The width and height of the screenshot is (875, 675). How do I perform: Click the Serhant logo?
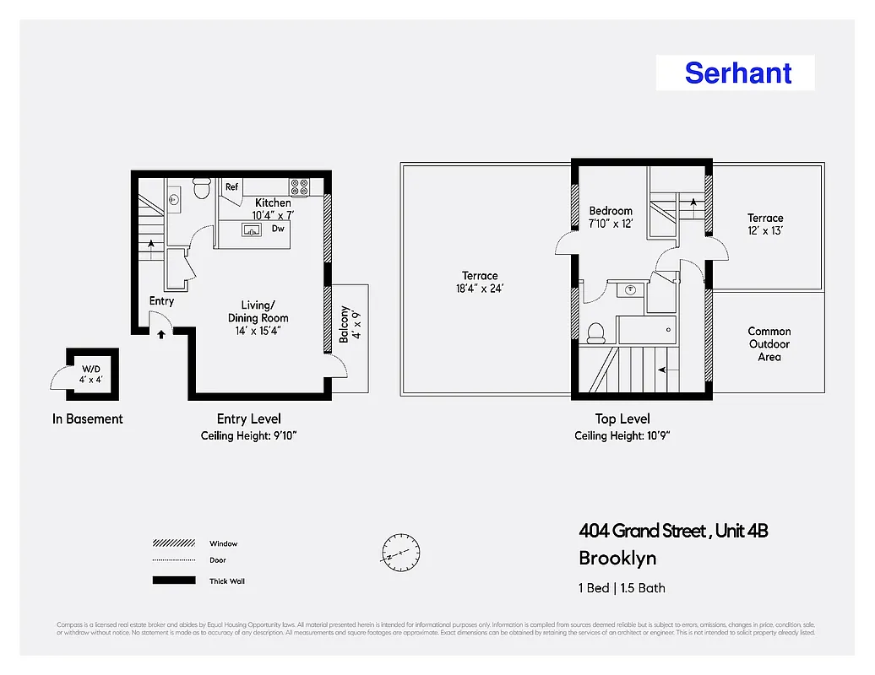(737, 73)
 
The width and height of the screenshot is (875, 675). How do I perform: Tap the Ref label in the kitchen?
(231, 187)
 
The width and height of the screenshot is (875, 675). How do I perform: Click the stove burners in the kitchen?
(300, 186)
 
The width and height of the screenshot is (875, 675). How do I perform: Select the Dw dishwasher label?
(278, 229)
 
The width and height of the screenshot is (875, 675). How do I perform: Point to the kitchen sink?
(252, 229)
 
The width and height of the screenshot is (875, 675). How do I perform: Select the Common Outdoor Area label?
(769, 344)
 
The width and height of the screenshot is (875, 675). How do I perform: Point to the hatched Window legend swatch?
(173, 543)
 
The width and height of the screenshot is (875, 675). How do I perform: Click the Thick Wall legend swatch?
(173, 580)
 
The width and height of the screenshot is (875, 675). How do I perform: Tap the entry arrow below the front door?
(161, 334)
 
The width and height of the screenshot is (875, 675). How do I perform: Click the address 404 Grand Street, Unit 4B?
(673, 531)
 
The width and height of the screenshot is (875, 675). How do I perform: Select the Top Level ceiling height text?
(622, 436)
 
